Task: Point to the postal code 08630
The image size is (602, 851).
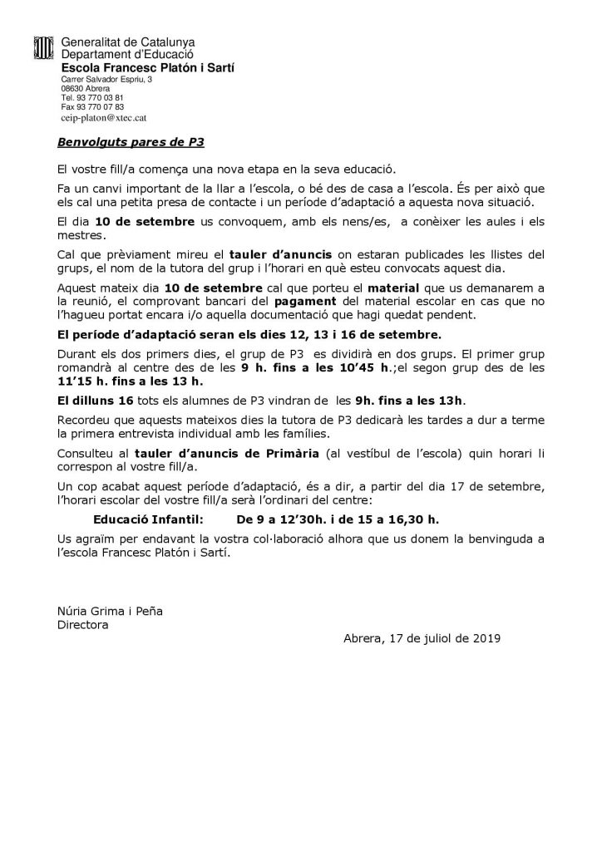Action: click(72, 88)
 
